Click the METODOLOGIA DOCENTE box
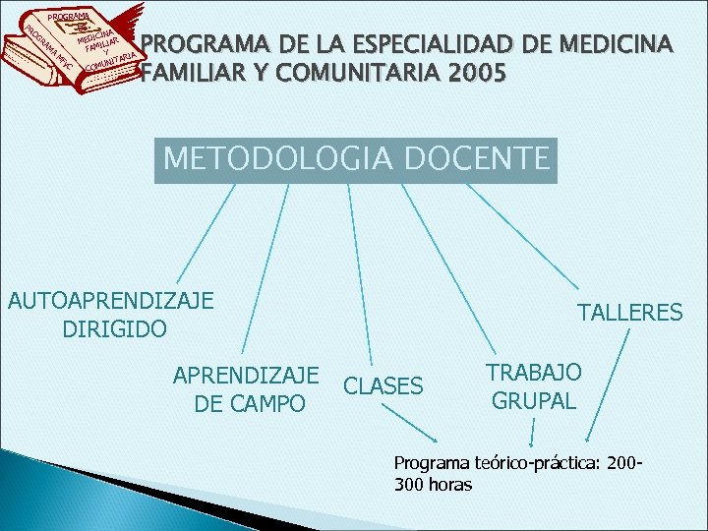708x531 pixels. pos(356,159)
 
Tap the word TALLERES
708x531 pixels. pos(629,313)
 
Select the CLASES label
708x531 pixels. pos(383,386)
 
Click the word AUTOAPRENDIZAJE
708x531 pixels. pos(110,300)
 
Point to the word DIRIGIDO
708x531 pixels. pos(114,327)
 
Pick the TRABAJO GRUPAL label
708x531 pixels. pos(535,386)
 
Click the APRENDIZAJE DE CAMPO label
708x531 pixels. pos(246,389)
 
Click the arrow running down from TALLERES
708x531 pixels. pos(609,383)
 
